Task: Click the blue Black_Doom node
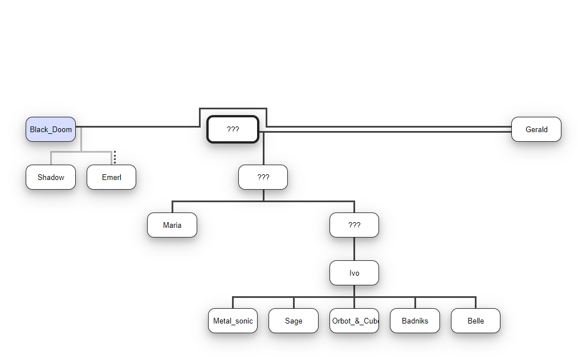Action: click(x=51, y=129)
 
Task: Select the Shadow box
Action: click(x=51, y=177)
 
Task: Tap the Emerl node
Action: click(x=111, y=177)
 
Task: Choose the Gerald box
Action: click(x=536, y=129)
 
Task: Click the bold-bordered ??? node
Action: click(x=233, y=129)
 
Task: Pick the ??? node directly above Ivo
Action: click(x=354, y=225)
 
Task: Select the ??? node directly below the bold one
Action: click(x=263, y=177)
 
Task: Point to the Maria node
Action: click(x=172, y=225)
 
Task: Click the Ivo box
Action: click(x=354, y=273)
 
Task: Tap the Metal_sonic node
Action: click(x=233, y=321)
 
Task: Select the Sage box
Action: click(x=294, y=321)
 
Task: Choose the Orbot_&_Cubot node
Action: click(x=354, y=321)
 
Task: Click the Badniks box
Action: click(x=414, y=321)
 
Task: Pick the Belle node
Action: click(x=475, y=321)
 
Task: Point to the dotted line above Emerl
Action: click(x=115, y=157)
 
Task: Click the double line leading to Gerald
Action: click(x=388, y=129)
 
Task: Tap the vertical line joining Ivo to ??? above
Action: click(x=354, y=249)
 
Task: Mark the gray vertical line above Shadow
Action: click(x=51, y=158)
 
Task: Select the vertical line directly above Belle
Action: click(x=475, y=302)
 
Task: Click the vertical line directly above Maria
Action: click(x=172, y=207)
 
